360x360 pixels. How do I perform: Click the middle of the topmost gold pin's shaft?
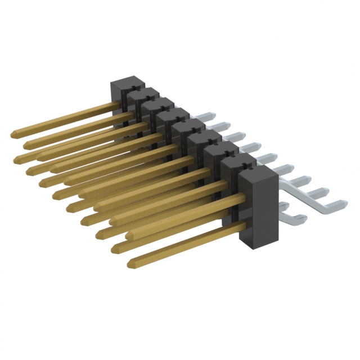point(65,120)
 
